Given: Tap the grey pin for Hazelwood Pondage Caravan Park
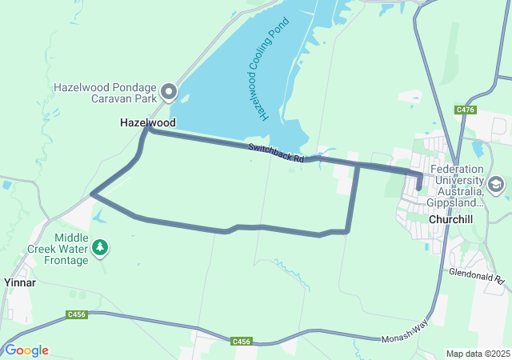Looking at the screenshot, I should pyautogui.click(x=168, y=92).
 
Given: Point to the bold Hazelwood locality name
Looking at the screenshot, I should pyautogui.click(x=147, y=123).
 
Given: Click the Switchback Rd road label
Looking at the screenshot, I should pyautogui.click(x=276, y=153).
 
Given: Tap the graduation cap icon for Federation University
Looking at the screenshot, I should pyautogui.click(x=496, y=185).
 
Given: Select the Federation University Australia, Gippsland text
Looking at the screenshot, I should pyautogui.click(x=456, y=186).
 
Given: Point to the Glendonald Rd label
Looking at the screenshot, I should pyautogui.click(x=477, y=277).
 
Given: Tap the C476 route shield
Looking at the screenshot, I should pyautogui.click(x=466, y=110).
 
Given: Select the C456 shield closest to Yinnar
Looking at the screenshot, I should pyautogui.click(x=78, y=314).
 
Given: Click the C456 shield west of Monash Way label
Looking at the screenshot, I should pyautogui.click(x=242, y=342).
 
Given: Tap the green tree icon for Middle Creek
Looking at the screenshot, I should pyautogui.click(x=100, y=247).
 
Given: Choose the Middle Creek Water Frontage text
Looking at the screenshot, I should pyautogui.click(x=82, y=249).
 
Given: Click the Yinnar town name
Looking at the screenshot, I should pyautogui.click(x=19, y=282).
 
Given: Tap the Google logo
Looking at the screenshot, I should pyautogui.click(x=26, y=350).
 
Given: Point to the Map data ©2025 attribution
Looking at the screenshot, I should pyautogui.click(x=477, y=354).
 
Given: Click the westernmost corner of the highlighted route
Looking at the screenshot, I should pyautogui.click(x=93, y=194).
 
